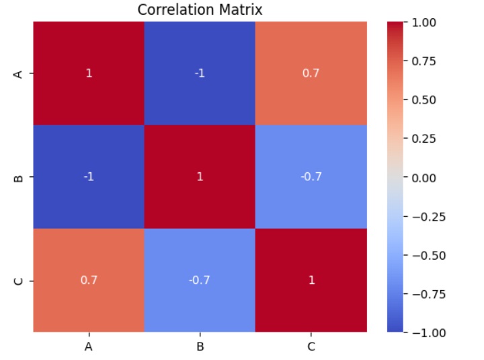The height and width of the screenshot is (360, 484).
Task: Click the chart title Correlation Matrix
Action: click(200, 9)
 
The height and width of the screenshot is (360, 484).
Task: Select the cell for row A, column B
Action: click(200, 73)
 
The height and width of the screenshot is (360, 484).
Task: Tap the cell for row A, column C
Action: click(311, 73)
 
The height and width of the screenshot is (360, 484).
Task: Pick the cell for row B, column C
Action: click(311, 177)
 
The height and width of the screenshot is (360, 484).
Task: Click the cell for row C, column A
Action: click(89, 280)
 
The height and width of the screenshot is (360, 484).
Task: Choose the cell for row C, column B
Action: click(200, 280)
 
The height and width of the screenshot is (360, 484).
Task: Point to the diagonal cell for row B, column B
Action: click(200, 177)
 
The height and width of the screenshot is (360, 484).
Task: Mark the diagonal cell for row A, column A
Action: click(89, 73)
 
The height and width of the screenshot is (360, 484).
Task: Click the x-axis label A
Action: click(89, 347)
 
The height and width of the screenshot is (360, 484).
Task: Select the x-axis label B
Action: click(200, 347)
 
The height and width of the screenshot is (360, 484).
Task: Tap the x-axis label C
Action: click(311, 347)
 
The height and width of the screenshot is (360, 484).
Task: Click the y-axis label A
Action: click(19, 73)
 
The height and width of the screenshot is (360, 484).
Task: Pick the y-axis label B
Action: click(19, 178)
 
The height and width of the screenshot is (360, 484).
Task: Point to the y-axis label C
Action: click(19, 281)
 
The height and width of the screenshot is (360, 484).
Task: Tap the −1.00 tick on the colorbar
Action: click(425, 332)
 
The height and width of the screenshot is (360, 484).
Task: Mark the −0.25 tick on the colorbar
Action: click(425, 216)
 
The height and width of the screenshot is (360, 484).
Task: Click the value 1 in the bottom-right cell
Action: click(311, 280)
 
